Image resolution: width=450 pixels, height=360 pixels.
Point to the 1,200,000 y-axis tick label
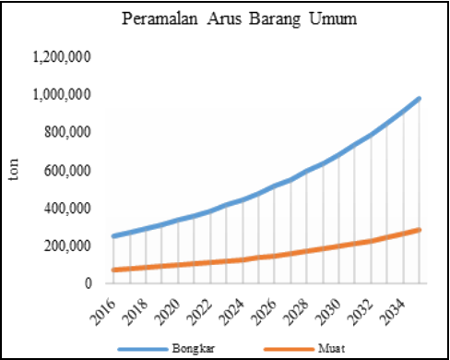click(x=61, y=57)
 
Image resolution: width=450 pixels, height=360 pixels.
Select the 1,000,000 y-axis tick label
click(x=61, y=95)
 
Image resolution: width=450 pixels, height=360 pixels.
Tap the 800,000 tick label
click(x=66, y=133)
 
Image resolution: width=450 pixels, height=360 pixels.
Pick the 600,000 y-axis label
click(x=66, y=171)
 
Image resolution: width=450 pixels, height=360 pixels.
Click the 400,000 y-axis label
click(x=66, y=209)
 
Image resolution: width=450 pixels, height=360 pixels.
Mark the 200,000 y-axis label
click(x=66, y=246)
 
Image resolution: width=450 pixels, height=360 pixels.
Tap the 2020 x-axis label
click(x=170, y=305)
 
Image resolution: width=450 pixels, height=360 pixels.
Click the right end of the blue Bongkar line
click(x=420, y=98)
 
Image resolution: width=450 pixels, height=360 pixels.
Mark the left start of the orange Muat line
click(x=113, y=270)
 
